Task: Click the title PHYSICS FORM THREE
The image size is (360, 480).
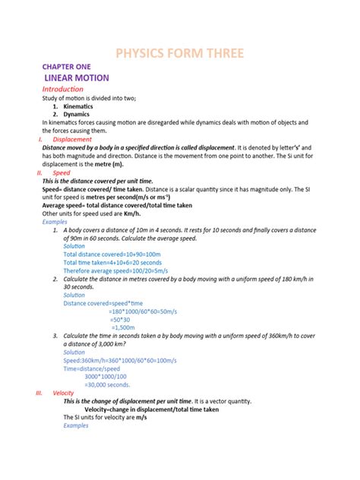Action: (179, 53)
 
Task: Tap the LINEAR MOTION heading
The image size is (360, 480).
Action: (77, 78)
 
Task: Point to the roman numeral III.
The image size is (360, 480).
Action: (40, 393)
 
